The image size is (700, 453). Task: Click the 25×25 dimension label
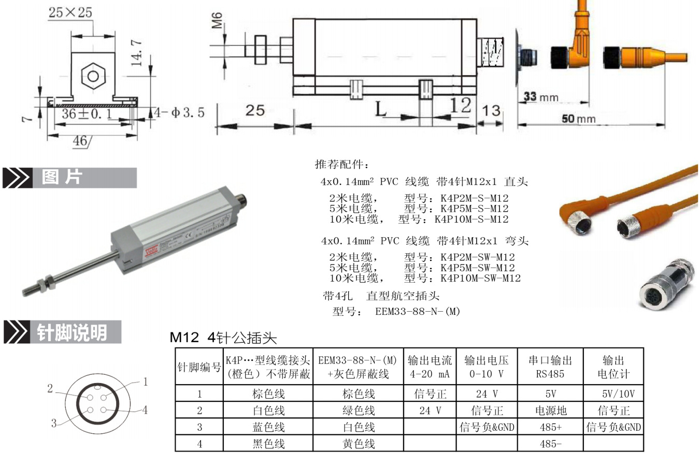pos(70,12)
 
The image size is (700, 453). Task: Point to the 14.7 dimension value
pos(137,52)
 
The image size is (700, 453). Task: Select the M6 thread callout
pos(218,21)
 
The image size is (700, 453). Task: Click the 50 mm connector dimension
pos(579,119)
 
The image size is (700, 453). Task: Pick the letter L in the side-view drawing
pos(381,110)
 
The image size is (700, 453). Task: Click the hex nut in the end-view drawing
pos(93,77)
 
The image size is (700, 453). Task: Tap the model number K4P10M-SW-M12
pos(480,279)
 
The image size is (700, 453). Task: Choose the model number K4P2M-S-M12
pos(474,198)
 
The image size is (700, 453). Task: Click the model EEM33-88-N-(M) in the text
pos(418,312)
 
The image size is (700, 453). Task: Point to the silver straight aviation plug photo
pos(666,283)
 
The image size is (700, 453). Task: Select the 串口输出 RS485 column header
pos(550,367)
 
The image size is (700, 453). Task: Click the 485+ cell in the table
pos(550,428)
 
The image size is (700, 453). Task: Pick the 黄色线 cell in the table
pos(359,444)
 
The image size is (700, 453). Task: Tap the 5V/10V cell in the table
pos(614,394)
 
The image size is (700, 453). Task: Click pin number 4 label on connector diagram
pos(145,411)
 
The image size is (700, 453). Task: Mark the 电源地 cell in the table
pos(550,411)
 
